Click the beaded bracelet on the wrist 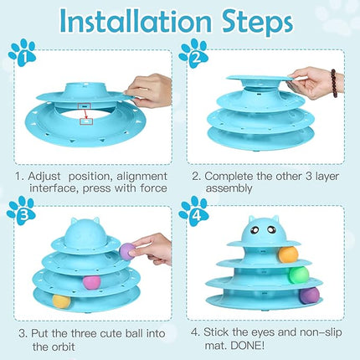(333, 82)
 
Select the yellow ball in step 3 (60, 301)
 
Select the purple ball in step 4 (310, 295)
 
